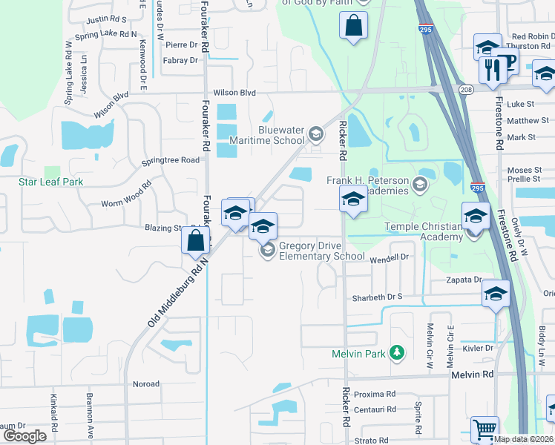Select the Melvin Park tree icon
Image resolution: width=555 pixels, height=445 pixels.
(398, 353)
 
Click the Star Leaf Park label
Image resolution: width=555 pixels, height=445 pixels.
(50, 182)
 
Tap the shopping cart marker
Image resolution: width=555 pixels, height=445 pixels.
(485, 429)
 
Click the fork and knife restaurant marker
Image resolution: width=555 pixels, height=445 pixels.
(493, 70)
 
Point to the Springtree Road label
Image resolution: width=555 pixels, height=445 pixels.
(171, 159)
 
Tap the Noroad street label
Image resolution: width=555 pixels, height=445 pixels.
(145, 384)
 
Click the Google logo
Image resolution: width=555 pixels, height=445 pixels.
(24, 436)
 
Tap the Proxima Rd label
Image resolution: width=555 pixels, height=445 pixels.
(374, 395)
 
